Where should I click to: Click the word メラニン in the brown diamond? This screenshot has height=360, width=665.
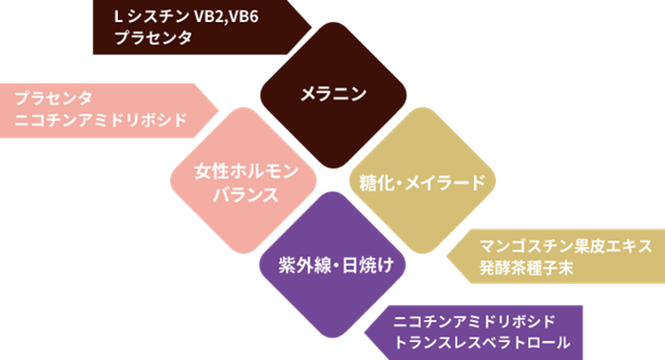point(332,94)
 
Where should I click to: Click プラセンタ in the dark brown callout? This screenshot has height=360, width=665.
point(153,39)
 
